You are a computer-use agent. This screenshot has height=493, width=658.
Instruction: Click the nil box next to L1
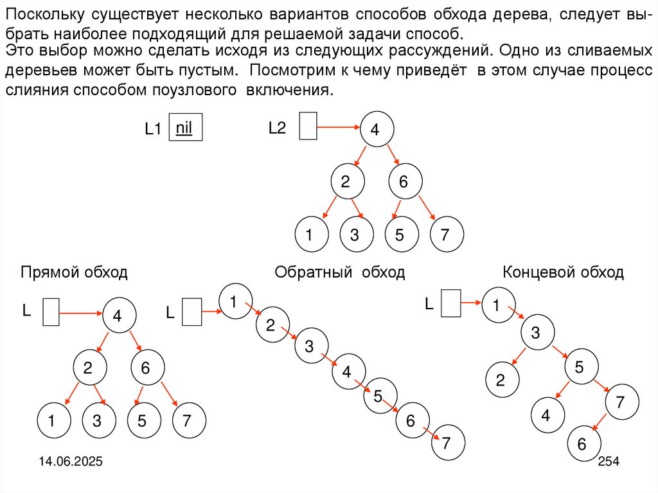point(184,127)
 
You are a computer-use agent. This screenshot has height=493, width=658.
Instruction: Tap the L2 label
point(277,128)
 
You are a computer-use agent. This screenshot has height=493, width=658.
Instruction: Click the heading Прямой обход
point(74,273)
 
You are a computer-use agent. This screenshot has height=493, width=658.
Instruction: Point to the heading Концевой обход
point(563,273)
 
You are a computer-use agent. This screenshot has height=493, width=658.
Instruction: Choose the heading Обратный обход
point(339,273)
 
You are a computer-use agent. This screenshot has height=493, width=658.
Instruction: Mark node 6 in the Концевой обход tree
point(582,444)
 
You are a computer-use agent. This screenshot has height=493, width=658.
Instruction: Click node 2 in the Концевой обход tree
point(499,380)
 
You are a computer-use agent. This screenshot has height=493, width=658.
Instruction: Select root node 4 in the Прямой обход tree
point(118,316)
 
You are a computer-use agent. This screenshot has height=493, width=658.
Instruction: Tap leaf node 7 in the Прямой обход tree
point(187,422)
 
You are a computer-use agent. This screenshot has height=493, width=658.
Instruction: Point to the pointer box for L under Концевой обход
point(451,302)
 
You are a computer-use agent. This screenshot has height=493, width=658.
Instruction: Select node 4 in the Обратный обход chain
point(347,371)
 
